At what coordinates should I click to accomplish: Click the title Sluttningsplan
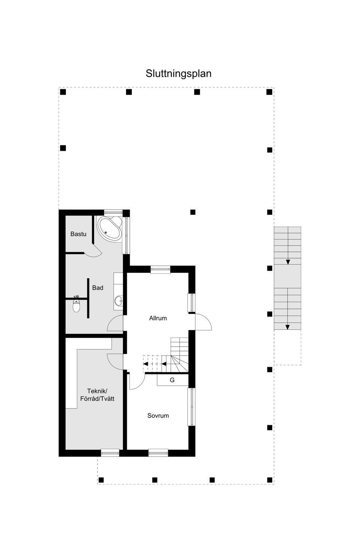pos(178,74)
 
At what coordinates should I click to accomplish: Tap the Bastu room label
pos(78,234)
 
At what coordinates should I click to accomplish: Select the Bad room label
pos(97,288)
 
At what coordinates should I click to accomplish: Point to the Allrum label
pos(158,318)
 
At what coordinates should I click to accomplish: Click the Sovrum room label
pos(158,416)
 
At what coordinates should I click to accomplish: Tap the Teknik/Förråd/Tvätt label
pos(97,395)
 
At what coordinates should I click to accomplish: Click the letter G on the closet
pos(172,380)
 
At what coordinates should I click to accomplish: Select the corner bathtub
pos(110,228)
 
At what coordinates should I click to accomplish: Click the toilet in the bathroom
pos(76,305)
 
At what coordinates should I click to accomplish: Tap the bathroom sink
pos(119,300)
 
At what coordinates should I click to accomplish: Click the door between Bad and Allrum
pos(115,324)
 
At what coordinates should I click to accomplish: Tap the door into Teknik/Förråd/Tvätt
pos(115,361)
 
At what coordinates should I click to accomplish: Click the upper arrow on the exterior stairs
pos(288,261)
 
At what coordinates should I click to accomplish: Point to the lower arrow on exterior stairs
pos(288,327)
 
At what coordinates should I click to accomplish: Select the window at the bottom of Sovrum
pos(158,453)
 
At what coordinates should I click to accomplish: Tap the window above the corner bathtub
pos(113,212)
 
